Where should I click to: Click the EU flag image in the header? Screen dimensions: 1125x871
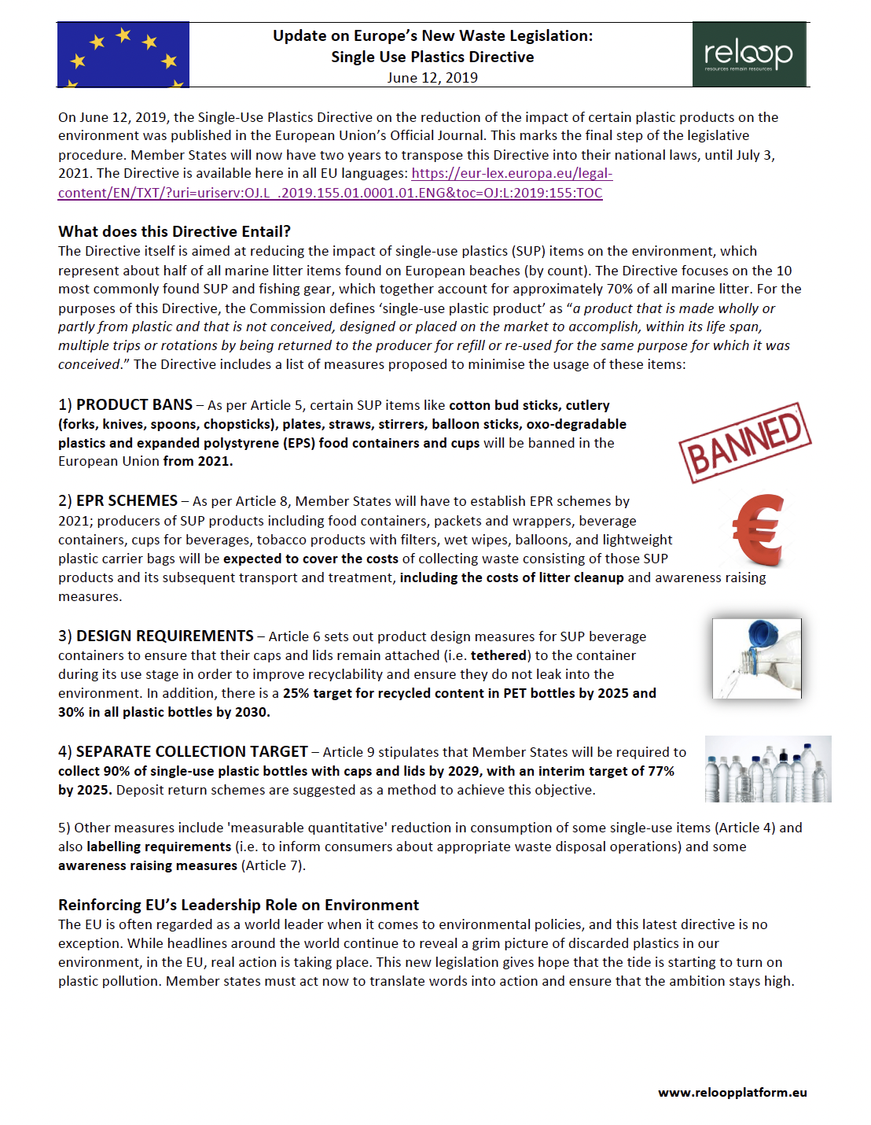pos(123,54)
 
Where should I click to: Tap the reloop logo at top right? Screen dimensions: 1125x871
pos(748,54)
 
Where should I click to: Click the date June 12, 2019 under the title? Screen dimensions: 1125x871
pos(432,78)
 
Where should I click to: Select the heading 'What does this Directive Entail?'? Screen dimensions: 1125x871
pos(175,231)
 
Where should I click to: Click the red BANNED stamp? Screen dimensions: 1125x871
pos(744,442)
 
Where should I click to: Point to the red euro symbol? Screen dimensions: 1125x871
pos(759,530)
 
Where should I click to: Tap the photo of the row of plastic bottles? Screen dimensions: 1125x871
pos(767,769)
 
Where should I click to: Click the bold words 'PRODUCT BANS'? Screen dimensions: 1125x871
pos(134,405)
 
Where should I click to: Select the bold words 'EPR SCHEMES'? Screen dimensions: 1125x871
pos(127,501)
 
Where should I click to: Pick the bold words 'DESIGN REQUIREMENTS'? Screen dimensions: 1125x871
pos(165,636)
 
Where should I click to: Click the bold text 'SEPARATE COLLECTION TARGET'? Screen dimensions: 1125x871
pos(192,752)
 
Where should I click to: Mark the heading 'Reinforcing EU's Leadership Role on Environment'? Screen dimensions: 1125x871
pos(238,905)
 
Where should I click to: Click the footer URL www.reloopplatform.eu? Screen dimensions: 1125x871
pos(732,1093)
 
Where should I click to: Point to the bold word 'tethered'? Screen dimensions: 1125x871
pos(498,655)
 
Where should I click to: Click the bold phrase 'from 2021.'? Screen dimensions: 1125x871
pos(198,461)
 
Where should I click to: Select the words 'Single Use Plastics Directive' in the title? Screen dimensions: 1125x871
pos(432,57)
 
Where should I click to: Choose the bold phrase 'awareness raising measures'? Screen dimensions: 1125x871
pos(148,865)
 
